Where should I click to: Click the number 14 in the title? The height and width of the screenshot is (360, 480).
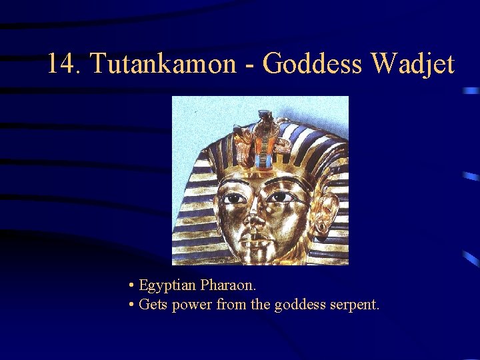(62, 64)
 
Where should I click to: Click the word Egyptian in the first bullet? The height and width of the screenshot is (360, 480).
(167, 285)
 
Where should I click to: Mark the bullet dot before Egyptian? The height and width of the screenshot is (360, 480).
(132, 286)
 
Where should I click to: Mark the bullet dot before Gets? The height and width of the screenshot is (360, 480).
(132, 306)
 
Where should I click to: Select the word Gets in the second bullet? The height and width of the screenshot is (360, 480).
(153, 305)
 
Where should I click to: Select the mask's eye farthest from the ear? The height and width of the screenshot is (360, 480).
(234, 199)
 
